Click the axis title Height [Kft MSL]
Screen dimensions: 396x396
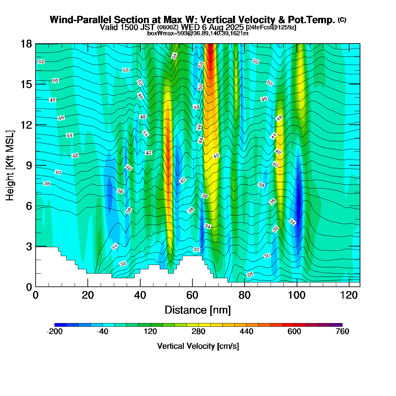[x=10, y=165]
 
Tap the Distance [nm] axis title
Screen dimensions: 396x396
[x=198, y=310]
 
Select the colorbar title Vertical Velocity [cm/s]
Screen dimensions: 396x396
[x=198, y=346]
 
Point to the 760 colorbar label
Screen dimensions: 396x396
[x=342, y=332]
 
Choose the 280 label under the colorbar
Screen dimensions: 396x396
[x=198, y=332]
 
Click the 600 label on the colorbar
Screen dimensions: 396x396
[x=294, y=332]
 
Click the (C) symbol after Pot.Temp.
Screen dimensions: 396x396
[x=342, y=20]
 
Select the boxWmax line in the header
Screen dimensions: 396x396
[x=198, y=33]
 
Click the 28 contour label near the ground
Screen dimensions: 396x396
[x=250, y=275]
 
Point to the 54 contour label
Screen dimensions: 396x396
[x=174, y=56]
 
